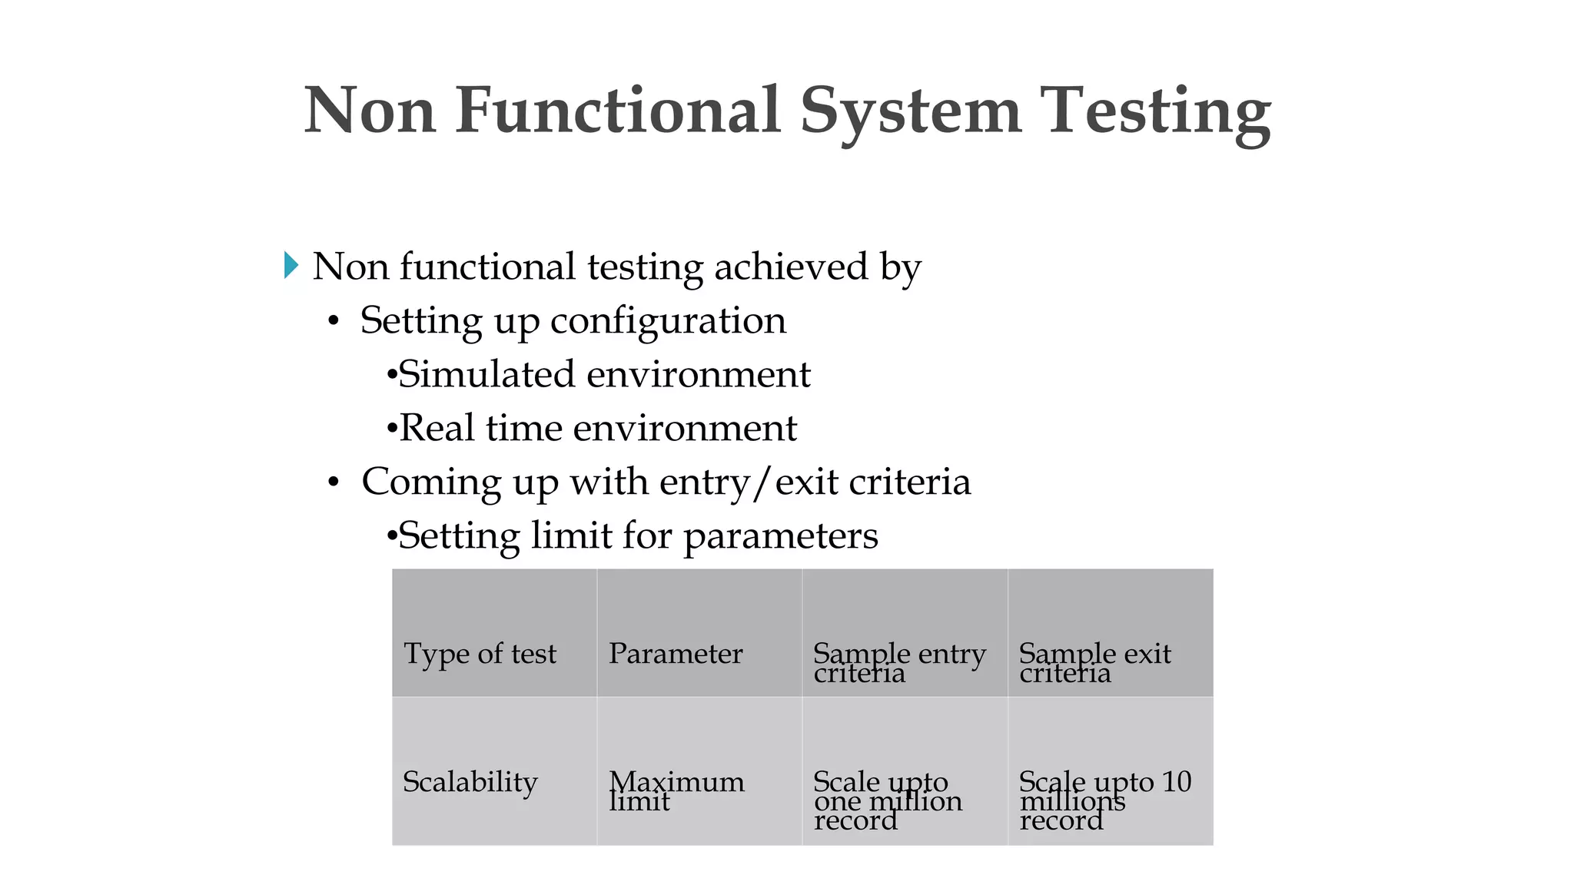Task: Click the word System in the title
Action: pyautogui.click(x=911, y=111)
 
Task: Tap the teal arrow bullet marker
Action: pyautogui.click(x=291, y=265)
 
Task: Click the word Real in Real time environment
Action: pyautogui.click(x=436, y=428)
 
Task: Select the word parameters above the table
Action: pyautogui.click(x=780, y=536)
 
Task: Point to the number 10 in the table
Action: pyautogui.click(x=1176, y=782)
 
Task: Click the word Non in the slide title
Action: pyautogui.click(x=370, y=111)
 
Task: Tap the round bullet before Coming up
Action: pyautogui.click(x=333, y=483)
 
